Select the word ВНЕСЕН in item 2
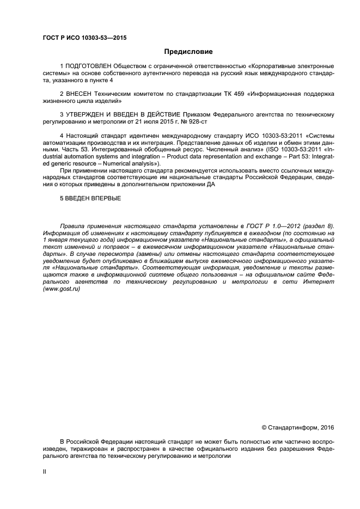click(78, 94)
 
